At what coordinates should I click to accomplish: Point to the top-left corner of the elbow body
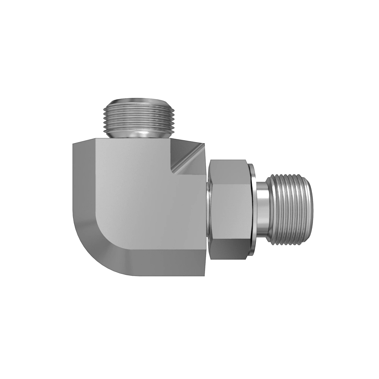coord(74,144)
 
